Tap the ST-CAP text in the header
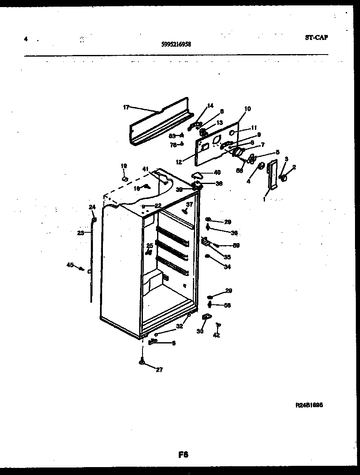(x=316, y=37)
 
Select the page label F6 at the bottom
(x=183, y=455)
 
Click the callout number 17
(x=126, y=107)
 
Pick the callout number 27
(x=159, y=369)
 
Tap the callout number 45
(x=70, y=264)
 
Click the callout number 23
(x=80, y=233)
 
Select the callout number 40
(x=217, y=172)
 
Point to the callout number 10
(x=247, y=109)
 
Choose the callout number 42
(x=216, y=335)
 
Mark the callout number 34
(x=227, y=267)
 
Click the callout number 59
(x=236, y=245)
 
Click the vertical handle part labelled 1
(x=272, y=175)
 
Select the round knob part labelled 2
(x=285, y=178)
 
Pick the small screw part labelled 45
(x=82, y=269)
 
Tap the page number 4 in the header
(x=26, y=39)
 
